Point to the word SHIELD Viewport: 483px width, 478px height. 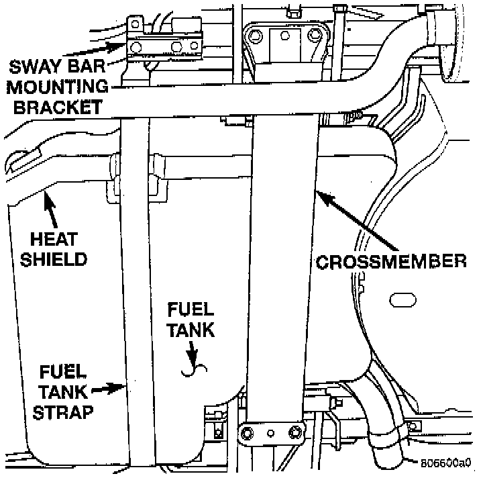click(x=56, y=258)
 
